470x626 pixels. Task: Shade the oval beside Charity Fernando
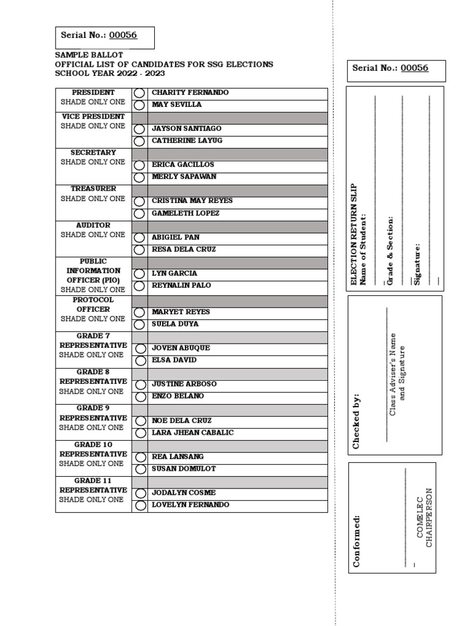[x=140, y=93]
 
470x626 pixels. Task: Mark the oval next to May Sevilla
[x=140, y=105]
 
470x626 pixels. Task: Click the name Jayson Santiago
[x=186, y=129]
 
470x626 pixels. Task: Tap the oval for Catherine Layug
[x=140, y=141]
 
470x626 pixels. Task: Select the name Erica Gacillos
[x=183, y=165]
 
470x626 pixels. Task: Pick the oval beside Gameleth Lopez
[x=140, y=213]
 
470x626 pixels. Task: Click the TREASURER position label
[x=93, y=189]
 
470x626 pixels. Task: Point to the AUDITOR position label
[x=93, y=225]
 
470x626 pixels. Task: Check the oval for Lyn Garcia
[x=140, y=273]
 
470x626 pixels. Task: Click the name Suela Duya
[x=175, y=324]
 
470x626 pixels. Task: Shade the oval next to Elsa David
[x=140, y=360]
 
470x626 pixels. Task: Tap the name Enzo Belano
[x=178, y=396]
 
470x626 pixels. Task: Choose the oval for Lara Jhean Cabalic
[x=140, y=433]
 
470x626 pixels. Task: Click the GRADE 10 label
[x=93, y=444]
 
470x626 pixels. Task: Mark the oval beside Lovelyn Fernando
[x=140, y=505]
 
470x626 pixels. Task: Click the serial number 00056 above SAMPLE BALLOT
[x=123, y=35]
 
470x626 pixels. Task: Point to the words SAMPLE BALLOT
[x=82, y=55]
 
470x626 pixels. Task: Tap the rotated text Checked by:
[x=357, y=422]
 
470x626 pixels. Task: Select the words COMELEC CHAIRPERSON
[x=424, y=517]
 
